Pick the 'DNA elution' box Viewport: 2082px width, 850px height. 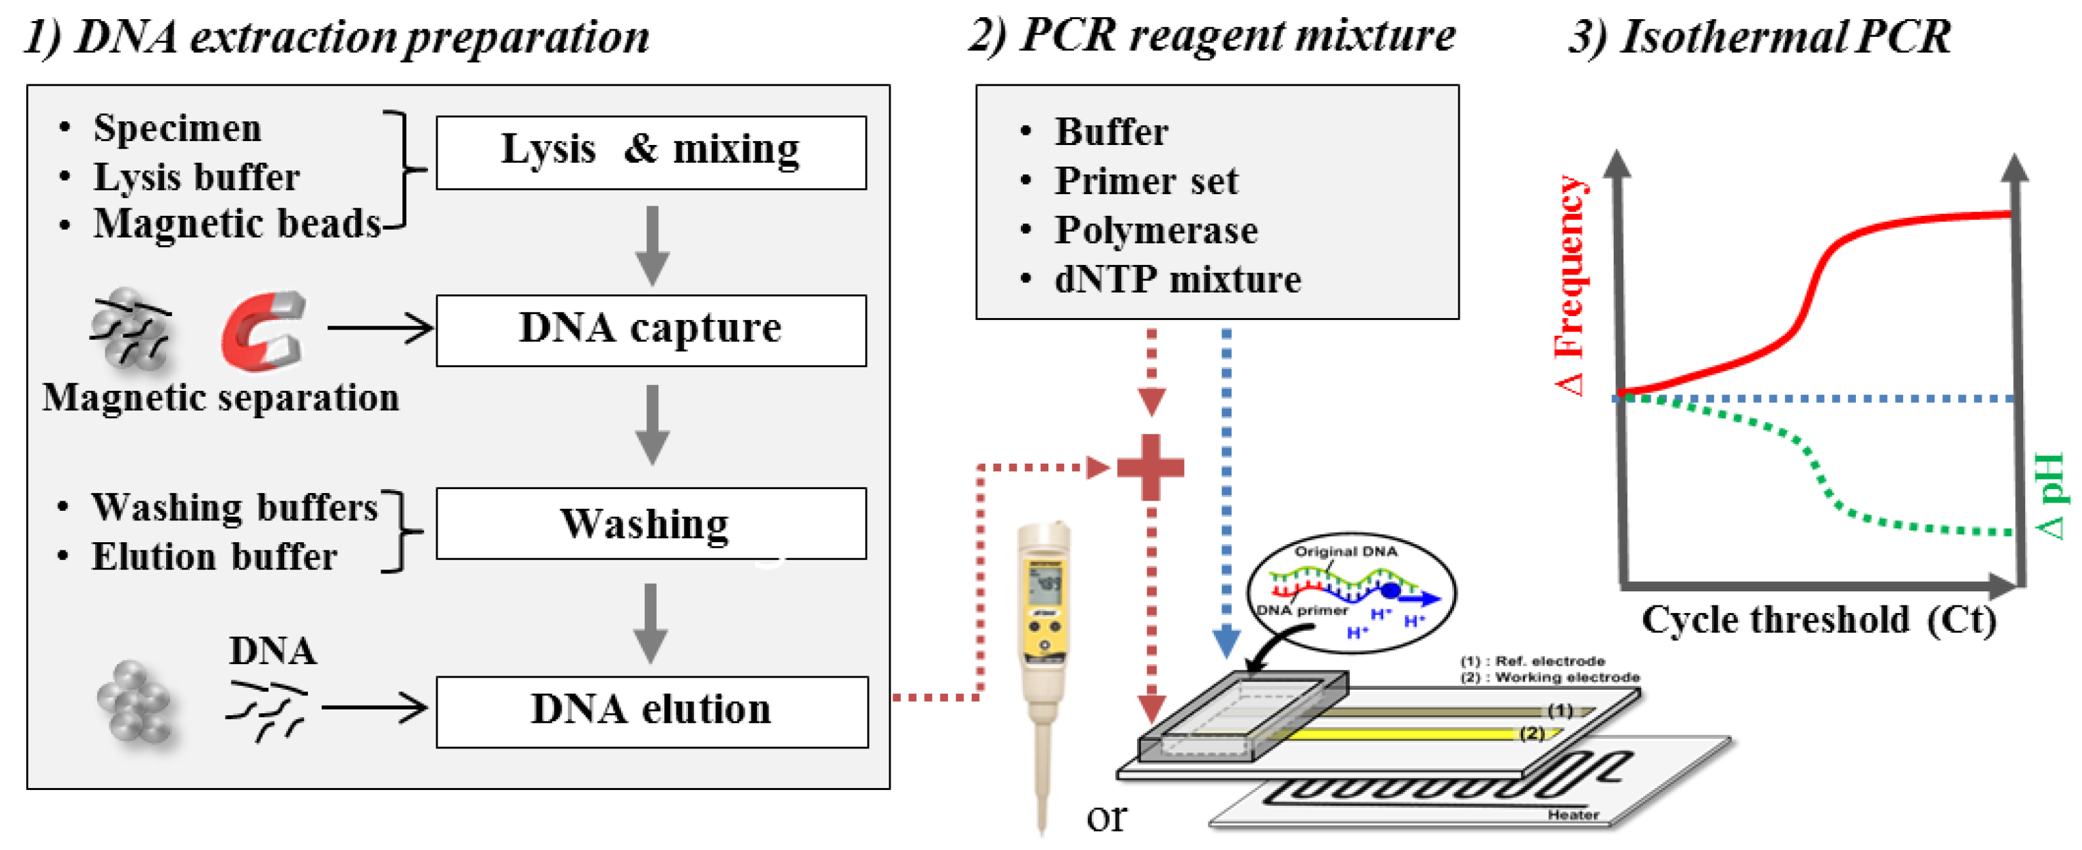[x=652, y=712]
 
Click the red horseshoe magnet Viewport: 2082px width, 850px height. [x=263, y=331]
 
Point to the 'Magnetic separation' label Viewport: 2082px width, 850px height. [x=220, y=397]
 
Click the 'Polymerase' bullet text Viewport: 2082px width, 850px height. [x=1156, y=231]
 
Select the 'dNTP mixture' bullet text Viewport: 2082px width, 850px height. [x=1177, y=280]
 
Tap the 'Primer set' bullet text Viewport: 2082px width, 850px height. [x=1146, y=181]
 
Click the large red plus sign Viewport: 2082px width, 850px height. [x=1151, y=467]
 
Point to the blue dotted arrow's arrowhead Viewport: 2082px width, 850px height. [x=1227, y=642]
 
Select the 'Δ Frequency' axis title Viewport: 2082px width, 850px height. [x=1570, y=284]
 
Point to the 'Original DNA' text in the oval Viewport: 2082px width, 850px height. [x=1345, y=551]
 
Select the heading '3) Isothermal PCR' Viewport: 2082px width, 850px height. [x=1759, y=37]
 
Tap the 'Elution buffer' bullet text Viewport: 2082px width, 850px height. [x=213, y=557]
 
